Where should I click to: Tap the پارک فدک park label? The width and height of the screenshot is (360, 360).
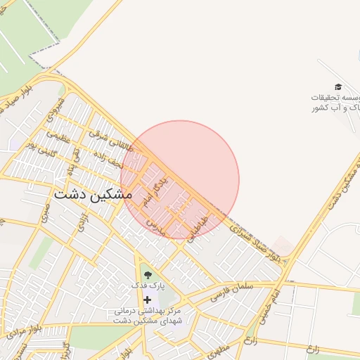[147, 286]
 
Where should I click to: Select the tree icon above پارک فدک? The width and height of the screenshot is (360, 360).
[147, 274]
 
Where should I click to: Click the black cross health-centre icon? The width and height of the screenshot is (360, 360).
[147, 300]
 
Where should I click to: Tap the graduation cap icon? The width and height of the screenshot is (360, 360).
[338, 86]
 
